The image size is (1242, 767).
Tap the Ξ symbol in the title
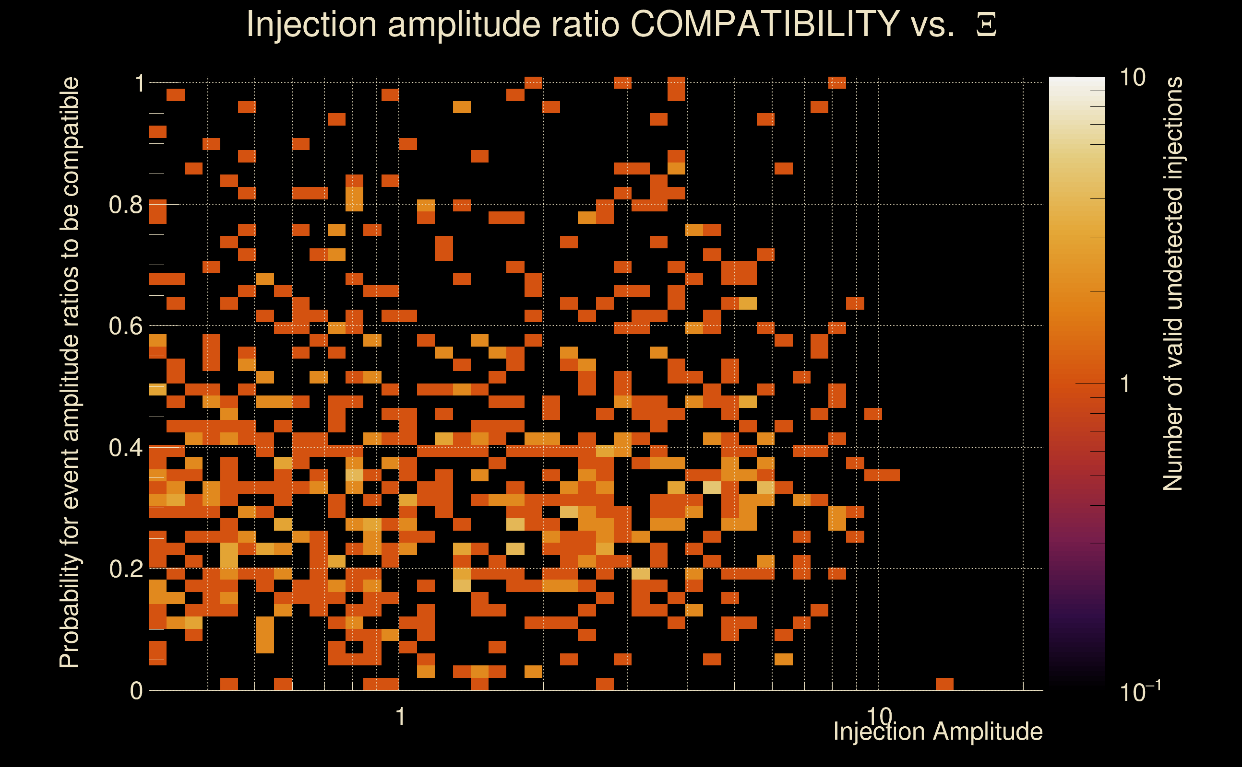(986, 24)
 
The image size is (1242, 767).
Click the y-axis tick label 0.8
(126, 205)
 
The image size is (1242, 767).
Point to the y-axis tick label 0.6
(126, 326)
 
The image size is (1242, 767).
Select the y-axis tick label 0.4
(126, 448)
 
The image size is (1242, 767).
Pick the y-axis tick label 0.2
(126, 569)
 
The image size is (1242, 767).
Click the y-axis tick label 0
(136, 691)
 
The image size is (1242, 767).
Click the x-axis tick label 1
(401, 717)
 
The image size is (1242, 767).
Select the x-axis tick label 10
(879, 717)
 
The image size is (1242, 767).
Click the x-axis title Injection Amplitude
(938, 732)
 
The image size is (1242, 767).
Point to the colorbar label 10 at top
(1132, 78)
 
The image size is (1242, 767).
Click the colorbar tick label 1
(1125, 384)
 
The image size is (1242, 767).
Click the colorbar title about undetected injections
(1173, 284)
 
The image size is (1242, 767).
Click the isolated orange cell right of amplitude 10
(944, 684)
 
